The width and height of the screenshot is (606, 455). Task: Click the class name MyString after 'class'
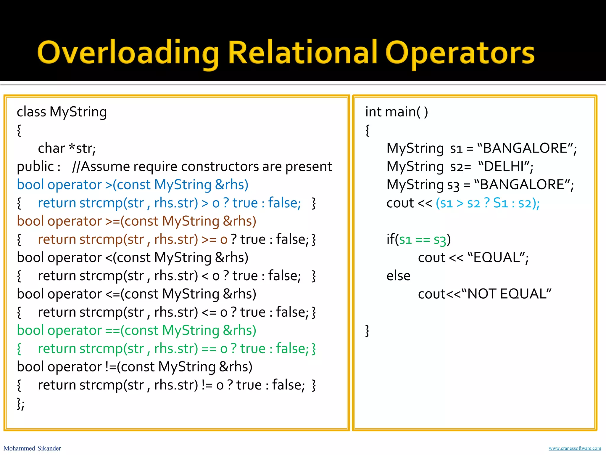[x=78, y=112]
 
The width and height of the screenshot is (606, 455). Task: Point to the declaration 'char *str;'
[x=67, y=148]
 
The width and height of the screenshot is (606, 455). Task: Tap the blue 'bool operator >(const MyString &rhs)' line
[x=133, y=185]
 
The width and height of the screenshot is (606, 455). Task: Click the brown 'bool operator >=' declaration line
[x=136, y=221]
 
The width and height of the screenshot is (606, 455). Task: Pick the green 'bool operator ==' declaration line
[x=136, y=331]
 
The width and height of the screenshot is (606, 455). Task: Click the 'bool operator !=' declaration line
[x=135, y=367]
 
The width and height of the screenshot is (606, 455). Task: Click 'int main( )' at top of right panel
[x=397, y=112]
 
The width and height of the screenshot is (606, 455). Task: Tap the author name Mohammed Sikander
[x=32, y=448]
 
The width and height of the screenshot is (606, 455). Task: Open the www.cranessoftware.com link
[x=575, y=448]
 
